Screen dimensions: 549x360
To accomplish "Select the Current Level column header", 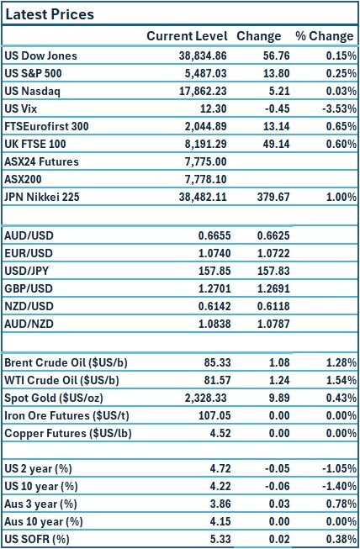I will point(187,36).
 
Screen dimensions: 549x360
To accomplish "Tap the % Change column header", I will point(324,36).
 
